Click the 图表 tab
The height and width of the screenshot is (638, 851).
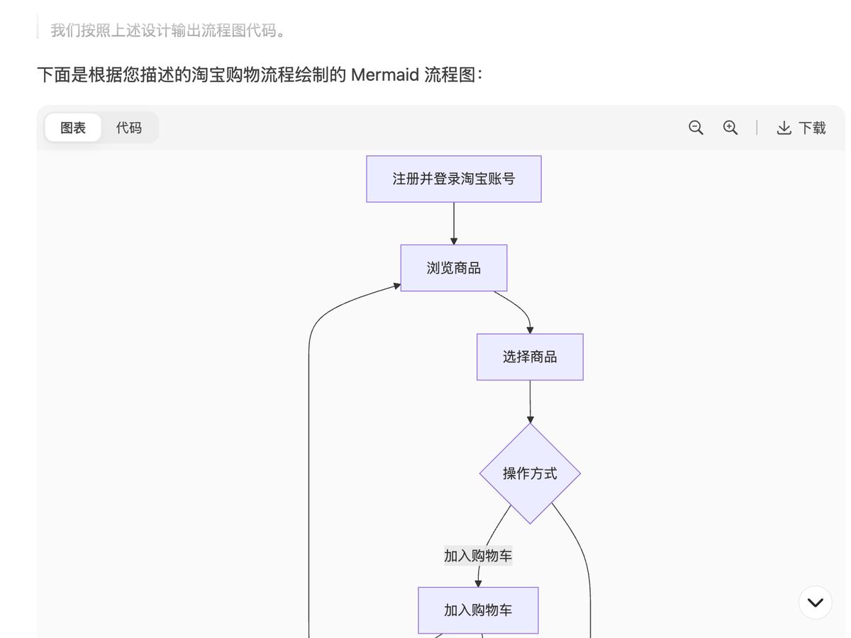(x=73, y=128)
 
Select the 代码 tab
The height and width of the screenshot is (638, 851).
(x=129, y=128)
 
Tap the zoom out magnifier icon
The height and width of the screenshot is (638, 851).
(x=696, y=128)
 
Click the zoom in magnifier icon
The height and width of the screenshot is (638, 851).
(x=730, y=128)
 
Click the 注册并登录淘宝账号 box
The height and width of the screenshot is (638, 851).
(x=454, y=179)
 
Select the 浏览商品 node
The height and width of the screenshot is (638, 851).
(x=454, y=268)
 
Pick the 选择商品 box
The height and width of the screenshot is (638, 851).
(x=530, y=357)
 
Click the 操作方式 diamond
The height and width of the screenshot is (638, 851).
(x=530, y=474)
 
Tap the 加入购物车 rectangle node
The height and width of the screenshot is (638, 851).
(x=478, y=610)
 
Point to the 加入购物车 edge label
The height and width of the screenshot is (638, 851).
(x=478, y=556)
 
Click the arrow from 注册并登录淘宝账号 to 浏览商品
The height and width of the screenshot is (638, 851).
(x=454, y=223)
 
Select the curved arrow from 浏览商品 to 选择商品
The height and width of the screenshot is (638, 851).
(x=521, y=308)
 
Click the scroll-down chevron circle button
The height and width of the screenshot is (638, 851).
(x=815, y=603)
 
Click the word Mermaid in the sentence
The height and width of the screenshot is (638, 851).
(x=385, y=74)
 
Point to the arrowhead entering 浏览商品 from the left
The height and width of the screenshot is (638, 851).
(x=397, y=286)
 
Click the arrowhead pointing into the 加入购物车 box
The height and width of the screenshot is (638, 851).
(x=478, y=583)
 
